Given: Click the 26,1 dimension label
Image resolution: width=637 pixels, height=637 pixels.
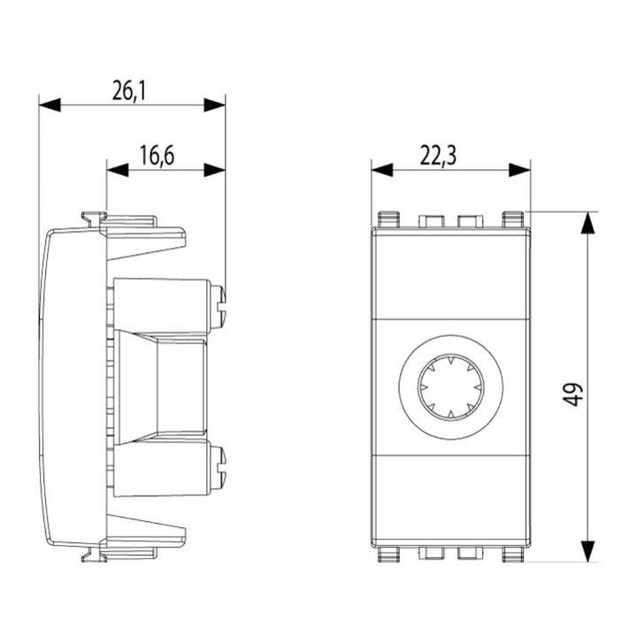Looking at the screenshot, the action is click(x=129, y=90).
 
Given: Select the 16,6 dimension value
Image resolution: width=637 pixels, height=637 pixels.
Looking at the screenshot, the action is click(x=157, y=155).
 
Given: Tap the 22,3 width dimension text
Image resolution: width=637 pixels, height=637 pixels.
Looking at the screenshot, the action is click(x=438, y=155).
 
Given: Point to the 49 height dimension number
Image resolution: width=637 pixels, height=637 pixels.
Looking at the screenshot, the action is click(x=572, y=394).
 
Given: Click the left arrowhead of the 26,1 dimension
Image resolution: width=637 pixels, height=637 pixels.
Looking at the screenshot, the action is click(x=50, y=104).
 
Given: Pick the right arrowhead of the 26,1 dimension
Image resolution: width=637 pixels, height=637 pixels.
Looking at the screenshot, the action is click(x=214, y=104).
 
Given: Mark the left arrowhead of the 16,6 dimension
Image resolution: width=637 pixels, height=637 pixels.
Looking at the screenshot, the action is click(x=118, y=170).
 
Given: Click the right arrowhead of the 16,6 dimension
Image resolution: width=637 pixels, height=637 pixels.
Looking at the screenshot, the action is click(x=214, y=170).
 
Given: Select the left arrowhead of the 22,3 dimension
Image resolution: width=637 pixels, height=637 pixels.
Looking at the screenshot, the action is click(x=382, y=170).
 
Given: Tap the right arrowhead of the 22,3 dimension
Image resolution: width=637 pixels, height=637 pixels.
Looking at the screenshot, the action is click(x=519, y=170).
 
